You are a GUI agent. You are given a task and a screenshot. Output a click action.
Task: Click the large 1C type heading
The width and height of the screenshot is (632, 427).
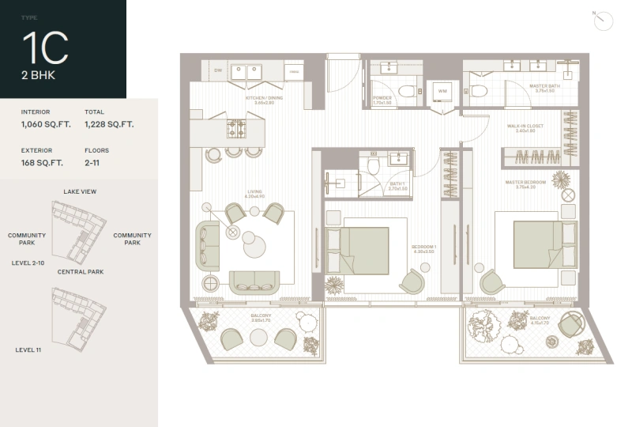[x=45, y=49]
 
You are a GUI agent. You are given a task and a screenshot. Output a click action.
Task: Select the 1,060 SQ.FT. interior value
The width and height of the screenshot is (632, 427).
[x=44, y=124]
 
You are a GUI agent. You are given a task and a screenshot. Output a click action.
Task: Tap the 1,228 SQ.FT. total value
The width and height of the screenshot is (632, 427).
[x=109, y=124]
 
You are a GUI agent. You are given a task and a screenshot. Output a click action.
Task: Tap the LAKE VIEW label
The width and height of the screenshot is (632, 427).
[x=80, y=191]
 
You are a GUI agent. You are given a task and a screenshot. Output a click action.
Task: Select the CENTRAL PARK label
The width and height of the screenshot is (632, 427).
[x=80, y=271]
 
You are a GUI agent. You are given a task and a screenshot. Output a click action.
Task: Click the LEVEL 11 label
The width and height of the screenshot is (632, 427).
[x=30, y=349]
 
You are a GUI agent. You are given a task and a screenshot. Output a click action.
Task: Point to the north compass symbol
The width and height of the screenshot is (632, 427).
[x=603, y=20]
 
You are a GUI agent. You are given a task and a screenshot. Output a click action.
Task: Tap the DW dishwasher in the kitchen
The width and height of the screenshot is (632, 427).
[x=218, y=70]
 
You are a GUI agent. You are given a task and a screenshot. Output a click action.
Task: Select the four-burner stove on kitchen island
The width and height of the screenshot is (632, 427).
[x=237, y=129]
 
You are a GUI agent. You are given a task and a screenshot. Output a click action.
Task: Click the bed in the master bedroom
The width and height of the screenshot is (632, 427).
[x=537, y=244]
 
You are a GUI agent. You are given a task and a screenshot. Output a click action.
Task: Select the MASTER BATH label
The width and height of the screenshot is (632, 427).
[x=545, y=87]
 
